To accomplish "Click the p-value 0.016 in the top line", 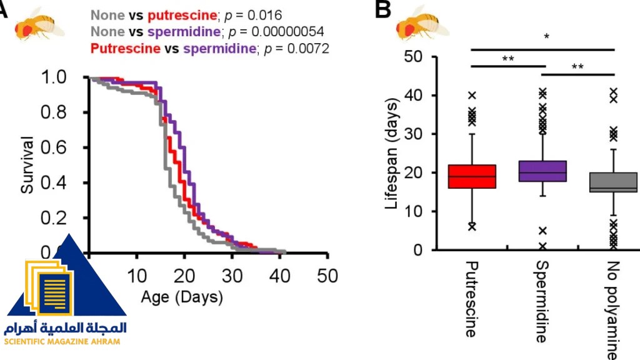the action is [x=264, y=15].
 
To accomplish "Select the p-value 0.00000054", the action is [x=287, y=31].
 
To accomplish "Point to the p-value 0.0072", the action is [x=308, y=49].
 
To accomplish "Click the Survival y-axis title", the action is [x=27, y=165].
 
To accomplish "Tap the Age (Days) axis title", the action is [x=182, y=297].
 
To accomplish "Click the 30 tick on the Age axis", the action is [x=232, y=276].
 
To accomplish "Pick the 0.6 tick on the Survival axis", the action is [x=54, y=147].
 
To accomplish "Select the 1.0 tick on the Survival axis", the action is [x=54, y=77].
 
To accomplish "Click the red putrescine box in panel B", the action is [x=472, y=176].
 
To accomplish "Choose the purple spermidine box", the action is [x=542, y=171].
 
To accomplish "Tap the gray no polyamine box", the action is [x=614, y=182].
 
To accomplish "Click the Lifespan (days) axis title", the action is [x=391, y=153].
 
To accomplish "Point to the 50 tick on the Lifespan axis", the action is [x=414, y=56].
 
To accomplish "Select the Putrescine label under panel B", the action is [x=471, y=299].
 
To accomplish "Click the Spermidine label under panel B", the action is [x=542, y=302].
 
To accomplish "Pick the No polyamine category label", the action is [x=613, y=310].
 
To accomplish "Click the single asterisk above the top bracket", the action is [x=546, y=37].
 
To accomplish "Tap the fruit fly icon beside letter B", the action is [x=423, y=24].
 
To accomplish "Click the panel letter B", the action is [x=382, y=10].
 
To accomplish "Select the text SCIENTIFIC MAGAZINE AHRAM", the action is [x=62, y=341].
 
